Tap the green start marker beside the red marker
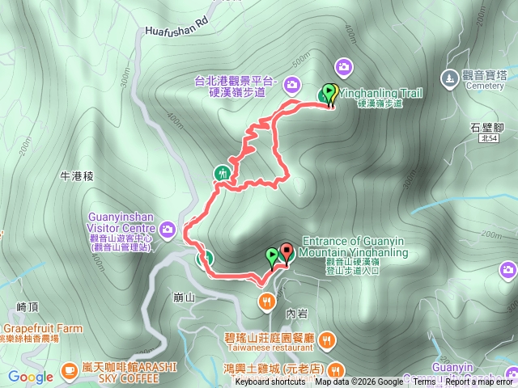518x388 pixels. [272, 257]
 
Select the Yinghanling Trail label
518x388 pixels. [380, 94]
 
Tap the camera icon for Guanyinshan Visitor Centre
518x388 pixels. [168, 229]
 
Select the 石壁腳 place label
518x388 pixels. [486, 126]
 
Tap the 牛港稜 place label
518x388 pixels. [78, 175]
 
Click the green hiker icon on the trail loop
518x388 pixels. [223, 172]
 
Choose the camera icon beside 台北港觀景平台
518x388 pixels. [291, 82]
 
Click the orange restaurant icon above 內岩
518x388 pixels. [265, 302]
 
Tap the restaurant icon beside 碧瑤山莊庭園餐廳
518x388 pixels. [326, 339]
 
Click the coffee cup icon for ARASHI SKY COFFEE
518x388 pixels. [70, 371]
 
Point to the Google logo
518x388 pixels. [31, 377]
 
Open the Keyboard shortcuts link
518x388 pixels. [270, 382]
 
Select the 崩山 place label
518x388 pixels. [185, 297]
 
